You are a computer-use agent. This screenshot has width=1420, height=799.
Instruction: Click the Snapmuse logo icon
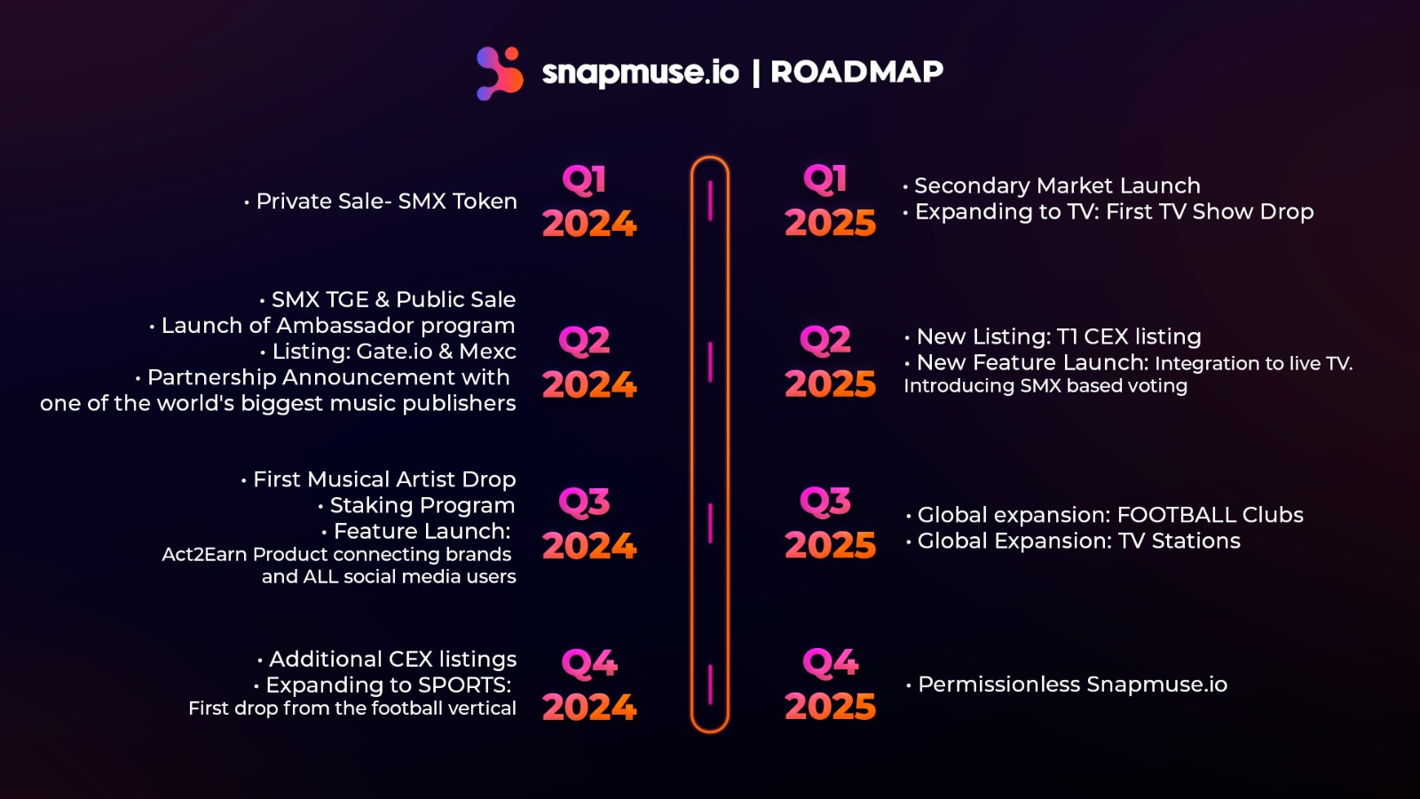point(500,73)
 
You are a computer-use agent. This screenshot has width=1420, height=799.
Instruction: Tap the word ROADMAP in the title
point(857,72)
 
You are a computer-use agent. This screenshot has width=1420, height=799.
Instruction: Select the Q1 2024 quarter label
point(589,202)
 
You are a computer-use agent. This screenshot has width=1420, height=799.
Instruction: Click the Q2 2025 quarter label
point(831,362)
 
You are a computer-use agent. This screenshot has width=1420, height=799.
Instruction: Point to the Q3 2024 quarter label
point(589,524)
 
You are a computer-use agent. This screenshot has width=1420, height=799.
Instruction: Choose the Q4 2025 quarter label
point(831,684)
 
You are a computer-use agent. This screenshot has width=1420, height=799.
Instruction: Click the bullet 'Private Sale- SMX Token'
point(381,201)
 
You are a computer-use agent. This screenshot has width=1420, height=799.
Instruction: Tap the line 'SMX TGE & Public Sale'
point(387,299)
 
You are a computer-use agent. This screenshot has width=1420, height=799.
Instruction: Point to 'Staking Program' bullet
point(416,505)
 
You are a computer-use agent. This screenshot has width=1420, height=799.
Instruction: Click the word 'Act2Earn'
point(204,554)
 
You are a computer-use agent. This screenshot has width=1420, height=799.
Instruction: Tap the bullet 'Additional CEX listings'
point(387,659)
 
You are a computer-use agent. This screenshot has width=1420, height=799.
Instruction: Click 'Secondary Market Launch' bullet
point(1052,186)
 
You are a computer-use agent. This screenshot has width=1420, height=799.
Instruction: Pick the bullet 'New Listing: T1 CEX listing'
point(1053,336)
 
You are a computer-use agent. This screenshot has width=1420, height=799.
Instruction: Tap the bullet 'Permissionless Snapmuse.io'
point(1067,684)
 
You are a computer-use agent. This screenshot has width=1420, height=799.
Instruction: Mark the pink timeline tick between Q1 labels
point(710,201)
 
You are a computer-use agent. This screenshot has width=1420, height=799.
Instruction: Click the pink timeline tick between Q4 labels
point(710,684)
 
